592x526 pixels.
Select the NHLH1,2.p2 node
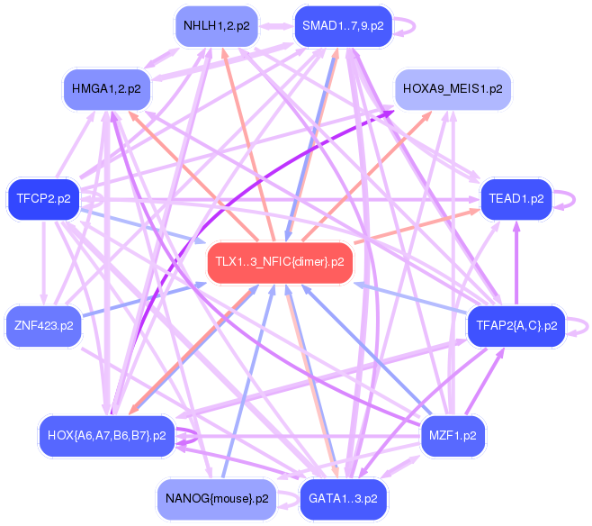pyautogui.click(x=216, y=25)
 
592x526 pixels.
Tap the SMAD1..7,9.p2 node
pyautogui.click(x=343, y=25)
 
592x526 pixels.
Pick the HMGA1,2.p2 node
pyautogui.click(x=106, y=88)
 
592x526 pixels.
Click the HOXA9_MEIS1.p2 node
pyautogui.click(x=453, y=88)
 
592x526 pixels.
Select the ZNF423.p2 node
pyautogui.click(x=44, y=324)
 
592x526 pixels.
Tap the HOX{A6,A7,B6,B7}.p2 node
pyautogui.click(x=106, y=435)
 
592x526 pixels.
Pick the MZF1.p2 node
pyautogui.click(x=453, y=435)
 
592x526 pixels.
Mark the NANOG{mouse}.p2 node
pyautogui.click(x=216, y=498)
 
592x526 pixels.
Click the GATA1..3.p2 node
pyautogui.click(x=343, y=498)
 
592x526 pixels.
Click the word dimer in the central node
pyautogui.click(x=317, y=262)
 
